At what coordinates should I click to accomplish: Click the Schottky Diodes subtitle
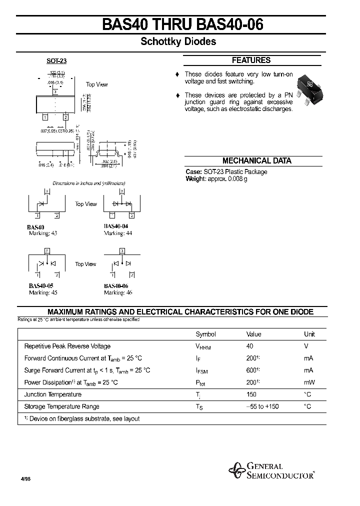pos(178,42)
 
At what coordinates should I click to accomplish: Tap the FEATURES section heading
pos(251,60)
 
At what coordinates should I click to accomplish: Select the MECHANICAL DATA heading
pos(256,161)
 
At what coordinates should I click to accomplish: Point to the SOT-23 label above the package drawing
pos(56,61)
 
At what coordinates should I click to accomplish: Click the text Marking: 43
pos(43,233)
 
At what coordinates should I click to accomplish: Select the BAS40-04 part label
pos(116,226)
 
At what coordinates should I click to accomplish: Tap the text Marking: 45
pos(43,293)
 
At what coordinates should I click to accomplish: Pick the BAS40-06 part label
pos(116,286)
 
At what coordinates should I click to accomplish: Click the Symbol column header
pos(205,334)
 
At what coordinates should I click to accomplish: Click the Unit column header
pos(309,334)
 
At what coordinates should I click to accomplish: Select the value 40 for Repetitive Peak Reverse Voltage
pos(250,346)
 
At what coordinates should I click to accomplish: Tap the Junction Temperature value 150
pos(251,394)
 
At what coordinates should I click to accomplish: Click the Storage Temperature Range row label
pos(61,406)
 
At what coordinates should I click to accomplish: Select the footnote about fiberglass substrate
pos(82,419)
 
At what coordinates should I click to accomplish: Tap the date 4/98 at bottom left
pos(25,478)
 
